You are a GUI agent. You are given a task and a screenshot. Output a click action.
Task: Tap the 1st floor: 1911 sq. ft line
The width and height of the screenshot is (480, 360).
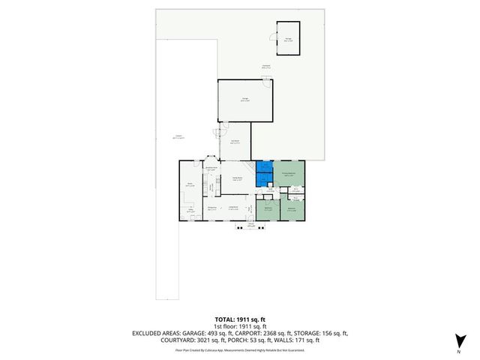click(240, 326)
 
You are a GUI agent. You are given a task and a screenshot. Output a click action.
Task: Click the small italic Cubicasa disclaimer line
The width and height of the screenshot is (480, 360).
click(240, 349)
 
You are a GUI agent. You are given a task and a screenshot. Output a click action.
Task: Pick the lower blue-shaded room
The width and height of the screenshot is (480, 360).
click(264, 180)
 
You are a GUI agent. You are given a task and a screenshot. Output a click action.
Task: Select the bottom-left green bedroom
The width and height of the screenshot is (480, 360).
click(268, 208)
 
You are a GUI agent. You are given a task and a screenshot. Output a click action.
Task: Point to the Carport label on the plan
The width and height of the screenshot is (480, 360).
click(178, 137)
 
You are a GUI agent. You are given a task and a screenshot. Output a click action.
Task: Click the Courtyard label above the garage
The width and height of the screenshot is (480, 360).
click(265, 67)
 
